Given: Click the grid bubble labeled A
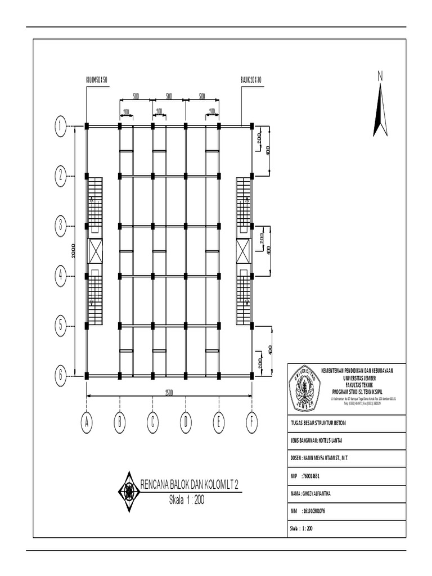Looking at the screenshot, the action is point(87,422).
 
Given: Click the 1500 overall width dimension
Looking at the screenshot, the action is point(169,392).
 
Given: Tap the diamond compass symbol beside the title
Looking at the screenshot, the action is point(129,490).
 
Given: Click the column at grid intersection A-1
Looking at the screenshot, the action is point(87,126).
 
